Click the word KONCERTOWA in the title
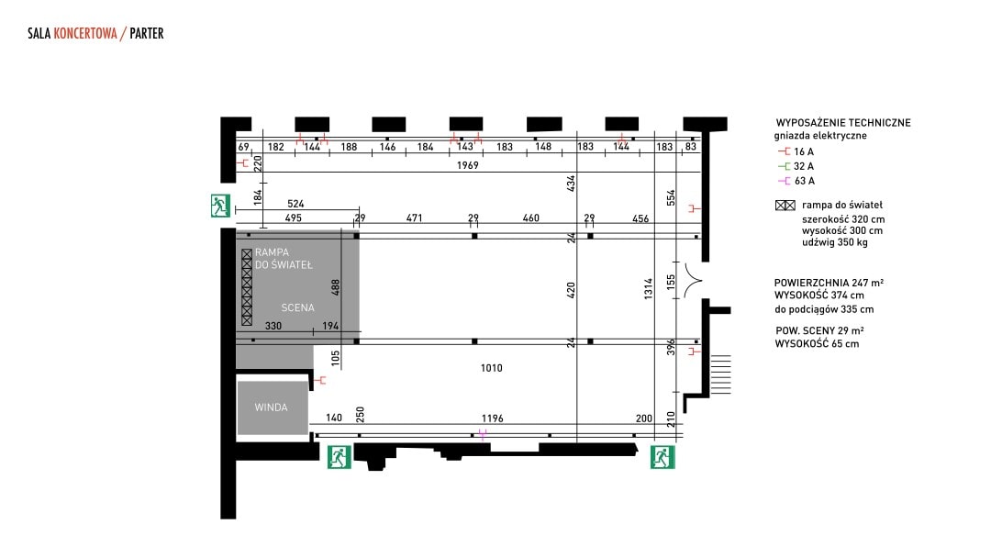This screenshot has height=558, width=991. pos(85,33)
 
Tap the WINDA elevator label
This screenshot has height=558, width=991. pos(271,407)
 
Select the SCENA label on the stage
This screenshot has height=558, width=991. pos(297,307)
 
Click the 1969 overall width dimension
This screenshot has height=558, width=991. pos(468,165)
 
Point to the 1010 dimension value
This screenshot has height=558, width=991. pos(492,368)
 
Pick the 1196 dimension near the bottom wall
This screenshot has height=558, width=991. pos(493,418)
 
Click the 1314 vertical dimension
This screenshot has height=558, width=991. pos(649,289)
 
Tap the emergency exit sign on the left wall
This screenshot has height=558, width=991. pos(220,206)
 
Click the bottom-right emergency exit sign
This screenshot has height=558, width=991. pos(663,457)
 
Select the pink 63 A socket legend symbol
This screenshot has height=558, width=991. pos(785,181)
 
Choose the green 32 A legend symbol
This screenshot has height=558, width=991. pos(785,166)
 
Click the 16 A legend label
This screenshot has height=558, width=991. pos(804,151)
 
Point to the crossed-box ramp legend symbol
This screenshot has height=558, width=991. pos(785,206)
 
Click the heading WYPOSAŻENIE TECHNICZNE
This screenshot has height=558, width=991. pos(843,123)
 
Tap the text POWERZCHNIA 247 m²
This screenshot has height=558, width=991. pos(829,283)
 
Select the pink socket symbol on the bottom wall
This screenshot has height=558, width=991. pos(483,435)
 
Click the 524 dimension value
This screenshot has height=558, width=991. pos(295,204)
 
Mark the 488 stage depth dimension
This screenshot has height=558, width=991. pos(336,287)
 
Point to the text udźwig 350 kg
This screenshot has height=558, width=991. pos(835,242)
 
